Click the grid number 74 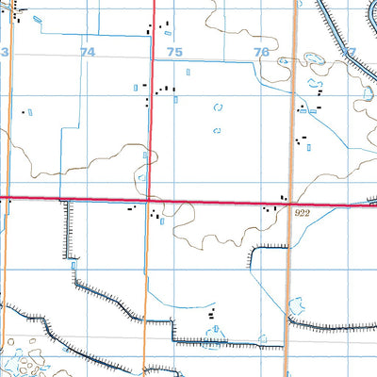click(88, 54)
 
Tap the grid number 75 click(174, 54)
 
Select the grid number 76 click(261, 53)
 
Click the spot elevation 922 click(301, 215)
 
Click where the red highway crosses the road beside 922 click(289, 202)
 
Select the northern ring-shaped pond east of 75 click(219, 107)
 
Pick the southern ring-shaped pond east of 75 click(218, 129)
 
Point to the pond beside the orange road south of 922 click(296, 305)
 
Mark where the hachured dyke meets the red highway click(64, 200)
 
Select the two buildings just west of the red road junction click(130, 206)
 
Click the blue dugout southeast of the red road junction click(163, 222)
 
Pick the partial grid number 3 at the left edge click(3, 54)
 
